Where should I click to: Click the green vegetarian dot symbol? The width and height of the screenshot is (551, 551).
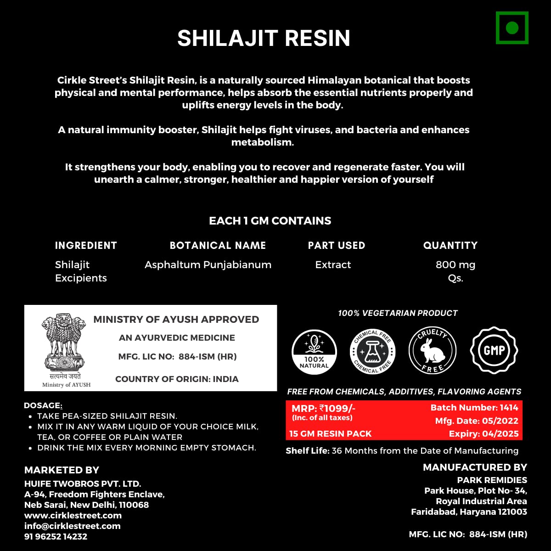(x=512, y=28)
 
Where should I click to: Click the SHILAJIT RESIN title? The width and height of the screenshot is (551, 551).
(x=264, y=38)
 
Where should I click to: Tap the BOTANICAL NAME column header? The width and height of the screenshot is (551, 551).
(x=218, y=245)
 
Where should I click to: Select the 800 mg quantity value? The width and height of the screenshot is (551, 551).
(x=455, y=265)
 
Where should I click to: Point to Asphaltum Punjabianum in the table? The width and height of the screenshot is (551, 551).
(x=208, y=265)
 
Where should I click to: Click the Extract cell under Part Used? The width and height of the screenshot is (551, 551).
(x=333, y=265)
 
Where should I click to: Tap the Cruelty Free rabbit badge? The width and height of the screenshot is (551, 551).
(x=432, y=350)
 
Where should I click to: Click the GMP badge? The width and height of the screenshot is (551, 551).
(x=494, y=350)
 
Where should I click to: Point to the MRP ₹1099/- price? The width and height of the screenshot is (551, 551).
(x=324, y=408)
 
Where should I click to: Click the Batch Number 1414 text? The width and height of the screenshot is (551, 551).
(x=474, y=408)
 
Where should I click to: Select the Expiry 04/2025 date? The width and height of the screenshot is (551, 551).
(x=484, y=434)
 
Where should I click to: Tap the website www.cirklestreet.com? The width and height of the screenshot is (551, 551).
(x=73, y=515)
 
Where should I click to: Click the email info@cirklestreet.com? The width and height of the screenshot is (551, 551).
(x=72, y=526)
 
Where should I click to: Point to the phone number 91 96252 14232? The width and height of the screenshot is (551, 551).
(x=56, y=536)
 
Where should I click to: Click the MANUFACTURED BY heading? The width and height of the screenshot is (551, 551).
(x=475, y=467)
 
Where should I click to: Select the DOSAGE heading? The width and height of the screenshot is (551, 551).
(x=42, y=405)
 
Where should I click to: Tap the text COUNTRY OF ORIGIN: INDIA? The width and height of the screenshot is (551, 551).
(x=177, y=379)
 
